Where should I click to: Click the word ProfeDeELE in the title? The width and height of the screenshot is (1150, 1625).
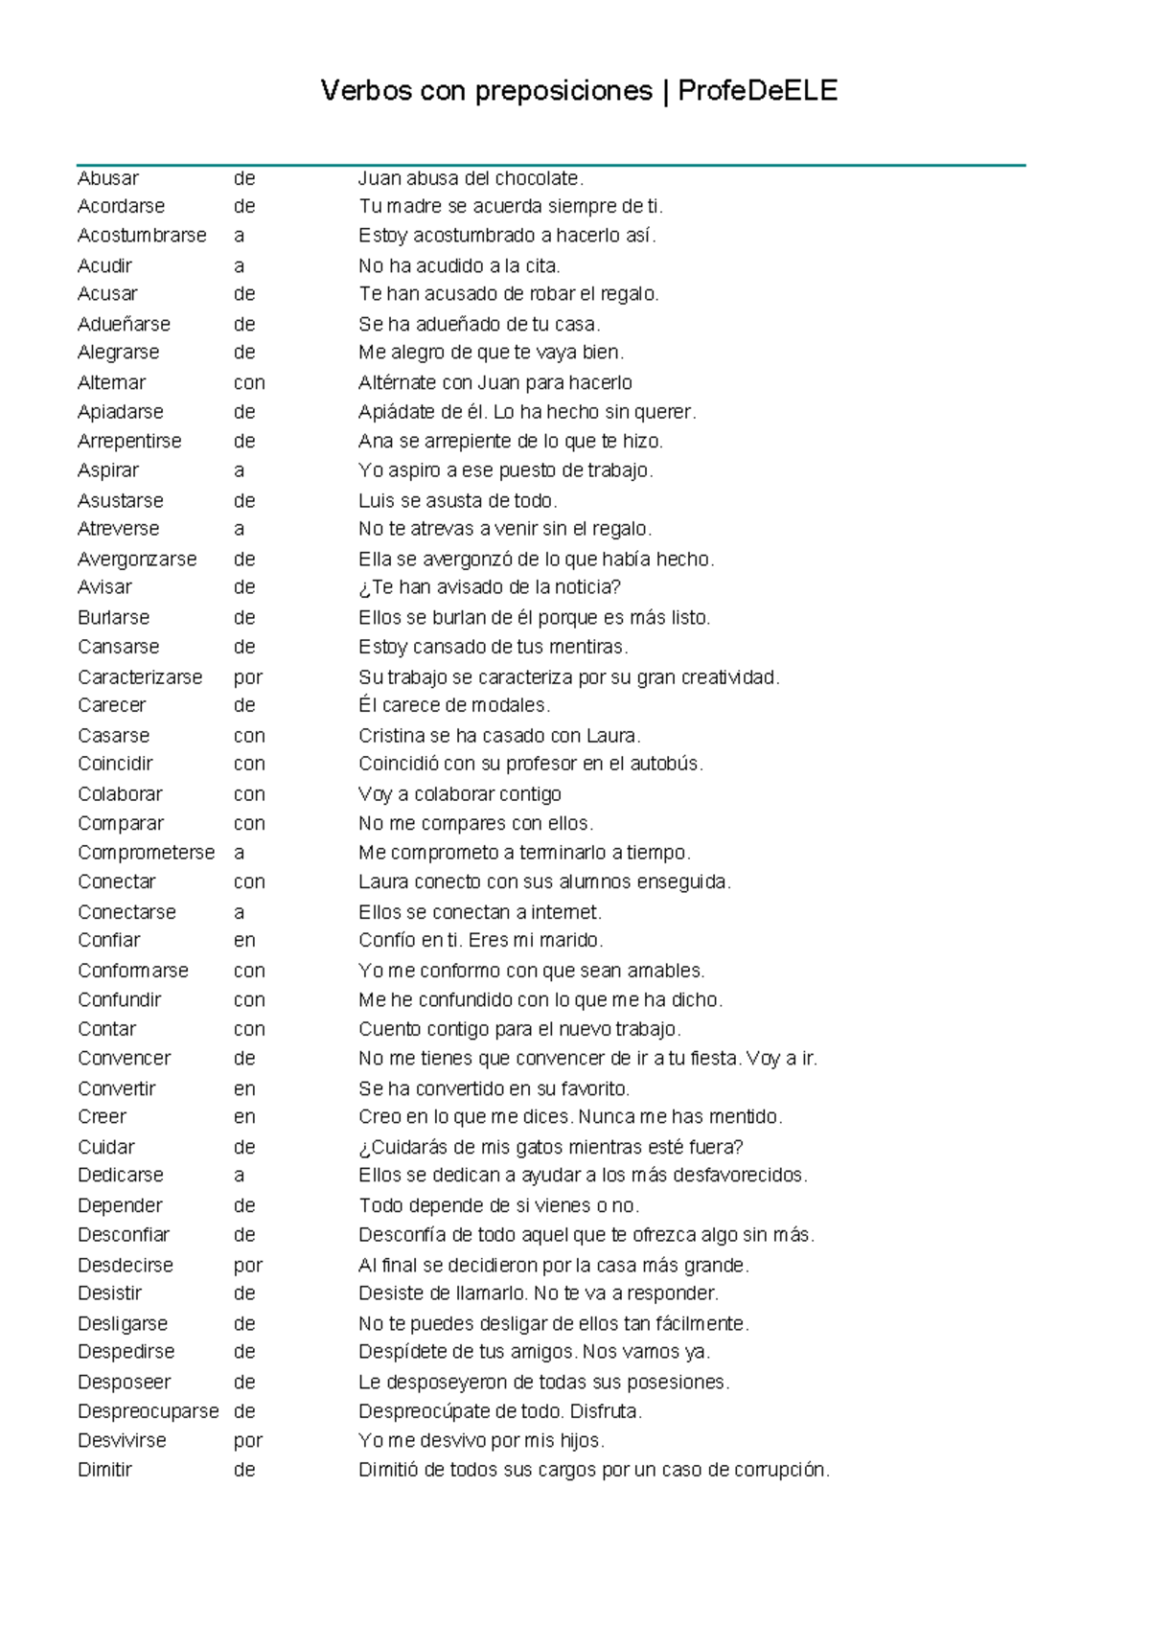[757, 91]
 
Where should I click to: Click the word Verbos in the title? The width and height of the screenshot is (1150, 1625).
[366, 91]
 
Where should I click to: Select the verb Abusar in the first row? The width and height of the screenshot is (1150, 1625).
[108, 178]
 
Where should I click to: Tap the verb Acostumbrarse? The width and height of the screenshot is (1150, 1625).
[142, 236]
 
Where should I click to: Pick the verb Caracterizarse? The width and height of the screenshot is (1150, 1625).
[140, 677]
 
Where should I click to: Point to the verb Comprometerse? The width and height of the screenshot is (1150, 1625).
[146, 853]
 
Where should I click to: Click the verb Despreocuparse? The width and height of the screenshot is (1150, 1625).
[148, 1411]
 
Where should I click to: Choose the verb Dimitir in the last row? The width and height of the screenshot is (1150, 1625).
[104, 1470]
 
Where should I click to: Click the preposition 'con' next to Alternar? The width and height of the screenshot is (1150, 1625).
[249, 382]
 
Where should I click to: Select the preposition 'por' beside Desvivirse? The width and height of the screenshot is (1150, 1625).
[247, 1440]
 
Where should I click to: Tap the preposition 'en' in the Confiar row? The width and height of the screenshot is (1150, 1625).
[244, 940]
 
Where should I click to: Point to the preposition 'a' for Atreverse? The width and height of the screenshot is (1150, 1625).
[239, 529]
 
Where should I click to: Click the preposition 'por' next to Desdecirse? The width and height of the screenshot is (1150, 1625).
[247, 1265]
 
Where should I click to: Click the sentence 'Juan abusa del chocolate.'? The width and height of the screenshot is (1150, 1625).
[471, 178]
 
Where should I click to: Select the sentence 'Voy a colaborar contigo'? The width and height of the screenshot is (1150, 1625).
[460, 794]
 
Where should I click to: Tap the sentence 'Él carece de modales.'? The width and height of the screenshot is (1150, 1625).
[454, 705]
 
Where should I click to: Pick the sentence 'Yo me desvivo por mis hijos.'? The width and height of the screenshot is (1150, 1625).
[481, 1440]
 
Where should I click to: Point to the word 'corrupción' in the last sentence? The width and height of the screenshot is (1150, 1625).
[781, 1470]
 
